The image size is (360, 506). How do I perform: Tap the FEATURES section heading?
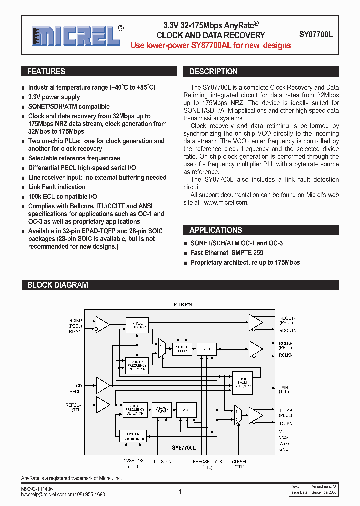click(x=46, y=72)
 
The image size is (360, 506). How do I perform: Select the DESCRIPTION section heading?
click(x=213, y=72)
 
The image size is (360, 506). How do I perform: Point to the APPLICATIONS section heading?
click(x=216, y=230)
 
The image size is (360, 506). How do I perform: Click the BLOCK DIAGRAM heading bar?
click(x=57, y=285)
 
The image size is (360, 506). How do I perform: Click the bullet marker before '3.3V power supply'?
click(x=23, y=97)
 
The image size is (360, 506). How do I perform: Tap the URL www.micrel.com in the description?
click(x=226, y=203)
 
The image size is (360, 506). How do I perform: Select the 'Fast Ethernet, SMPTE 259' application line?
click(x=227, y=253)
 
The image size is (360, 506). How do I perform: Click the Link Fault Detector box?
click(x=243, y=382)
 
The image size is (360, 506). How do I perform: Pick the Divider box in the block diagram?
click(x=133, y=436)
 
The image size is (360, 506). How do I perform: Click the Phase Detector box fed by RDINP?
click(x=136, y=324)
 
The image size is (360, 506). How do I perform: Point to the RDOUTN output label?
click(x=288, y=330)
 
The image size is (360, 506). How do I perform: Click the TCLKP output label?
click(x=285, y=410)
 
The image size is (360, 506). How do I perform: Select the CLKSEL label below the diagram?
click(x=239, y=461)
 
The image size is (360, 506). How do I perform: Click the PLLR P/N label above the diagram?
click(x=183, y=304)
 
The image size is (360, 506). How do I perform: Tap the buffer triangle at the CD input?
click(x=103, y=385)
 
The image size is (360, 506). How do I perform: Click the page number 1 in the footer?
click(x=180, y=492)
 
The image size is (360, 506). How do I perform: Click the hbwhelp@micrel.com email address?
click(x=44, y=494)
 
